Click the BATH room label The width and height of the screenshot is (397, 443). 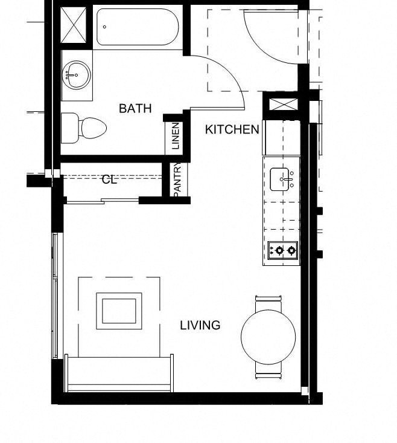point(135,109)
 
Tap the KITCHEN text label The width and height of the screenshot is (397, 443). point(232,129)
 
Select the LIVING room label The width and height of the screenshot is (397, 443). point(200,325)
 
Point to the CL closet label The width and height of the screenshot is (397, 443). point(109,179)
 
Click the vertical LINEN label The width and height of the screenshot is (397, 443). point(176,136)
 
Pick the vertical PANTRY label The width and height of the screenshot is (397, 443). point(177,179)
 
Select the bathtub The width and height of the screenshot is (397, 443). point(137,28)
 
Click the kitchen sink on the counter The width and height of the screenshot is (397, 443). point(282,178)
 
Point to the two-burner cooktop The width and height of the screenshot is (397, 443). point(283,250)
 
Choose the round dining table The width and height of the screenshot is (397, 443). point(268,337)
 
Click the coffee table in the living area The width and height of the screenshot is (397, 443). point(119,311)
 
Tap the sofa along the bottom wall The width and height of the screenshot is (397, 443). point(119,373)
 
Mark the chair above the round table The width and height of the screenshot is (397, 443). point(268,299)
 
